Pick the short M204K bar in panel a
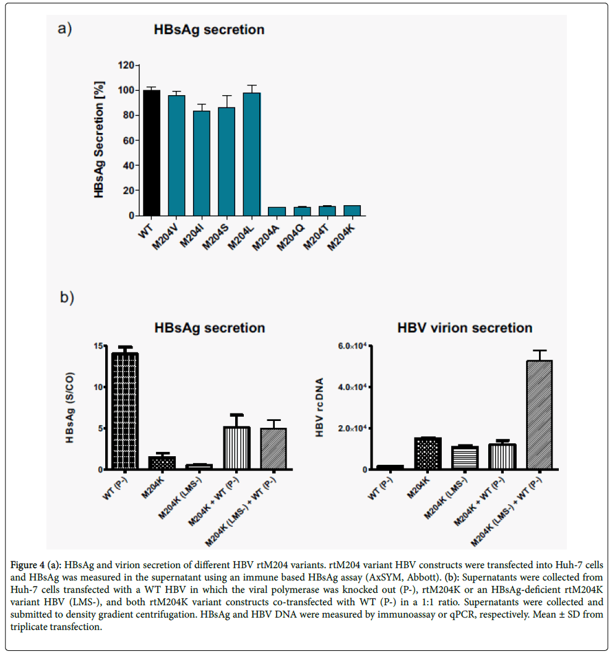(x=352, y=210)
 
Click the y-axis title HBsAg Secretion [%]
(x=99, y=140)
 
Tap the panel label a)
(x=69, y=30)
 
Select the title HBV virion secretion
(x=464, y=328)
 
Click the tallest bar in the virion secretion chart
(x=540, y=415)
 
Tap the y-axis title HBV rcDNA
(x=319, y=408)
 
